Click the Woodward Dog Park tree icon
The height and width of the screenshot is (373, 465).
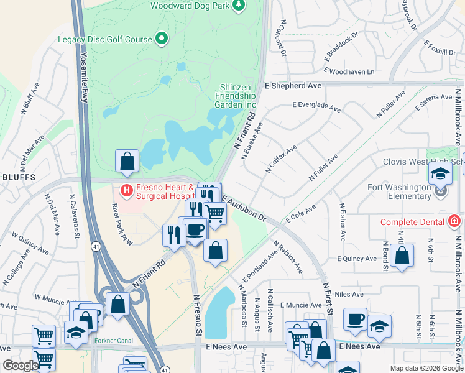coord(238,6)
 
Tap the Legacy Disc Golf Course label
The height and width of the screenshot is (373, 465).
coord(105,39)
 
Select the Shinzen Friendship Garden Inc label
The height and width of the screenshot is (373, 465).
coord(235,96)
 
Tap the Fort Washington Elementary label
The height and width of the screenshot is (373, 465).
coord(400,191)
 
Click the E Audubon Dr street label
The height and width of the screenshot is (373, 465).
coord(244,209)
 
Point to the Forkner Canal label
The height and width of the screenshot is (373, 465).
coord(114,341)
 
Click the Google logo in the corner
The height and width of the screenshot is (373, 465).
coord(20,366)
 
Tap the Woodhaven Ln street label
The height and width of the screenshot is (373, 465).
coord(352,72)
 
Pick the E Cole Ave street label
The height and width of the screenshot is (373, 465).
coord(301,213)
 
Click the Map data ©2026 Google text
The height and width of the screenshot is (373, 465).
coord(426,367)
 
